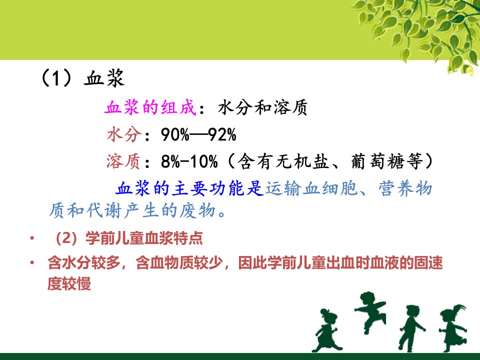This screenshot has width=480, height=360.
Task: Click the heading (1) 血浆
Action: (82, 78)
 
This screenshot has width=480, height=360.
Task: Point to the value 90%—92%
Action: (198, 134)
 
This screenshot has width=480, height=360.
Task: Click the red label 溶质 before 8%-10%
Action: (123, 161)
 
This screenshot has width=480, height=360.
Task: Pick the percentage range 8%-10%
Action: (189, 161)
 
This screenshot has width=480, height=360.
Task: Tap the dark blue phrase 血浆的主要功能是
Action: (189, 188)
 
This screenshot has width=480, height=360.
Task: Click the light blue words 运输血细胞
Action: (311, 188)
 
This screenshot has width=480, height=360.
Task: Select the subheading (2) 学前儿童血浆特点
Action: (128, 238)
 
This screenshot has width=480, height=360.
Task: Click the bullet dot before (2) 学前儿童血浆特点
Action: (32, 238)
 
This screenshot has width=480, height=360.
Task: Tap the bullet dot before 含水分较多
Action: (32, 262)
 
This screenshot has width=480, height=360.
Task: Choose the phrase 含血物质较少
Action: (179, 262)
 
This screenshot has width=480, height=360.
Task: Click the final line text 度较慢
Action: (69, 283)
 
